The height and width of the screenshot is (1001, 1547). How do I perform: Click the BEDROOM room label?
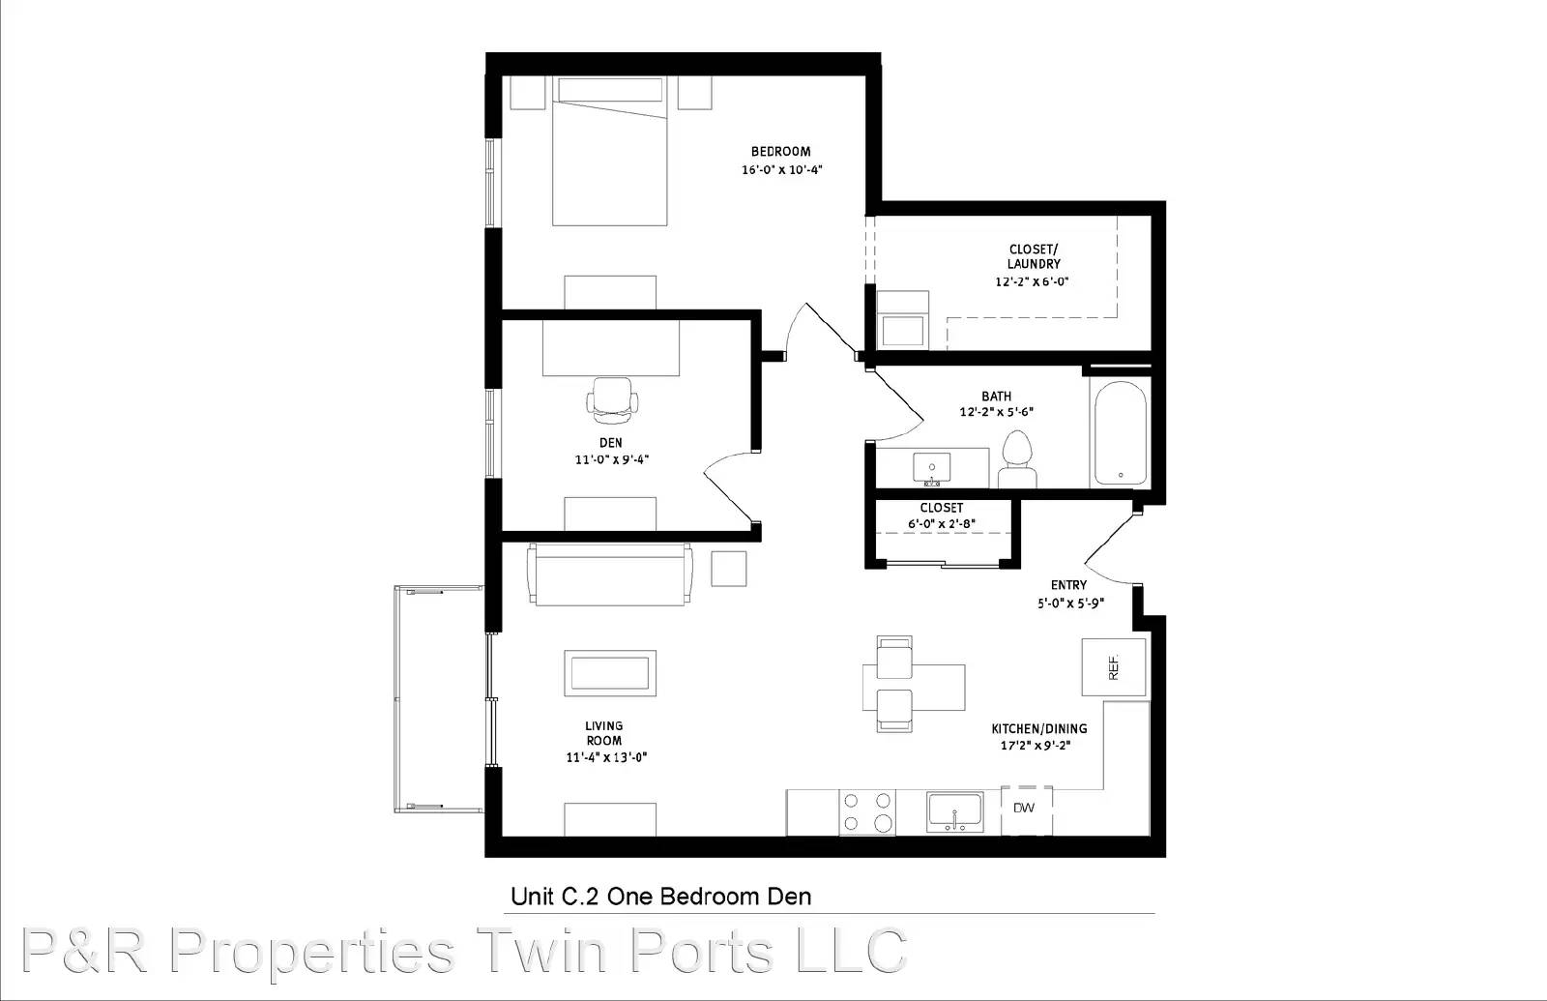click(780, 151)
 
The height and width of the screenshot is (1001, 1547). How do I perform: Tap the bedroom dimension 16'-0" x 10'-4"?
click(782, 169)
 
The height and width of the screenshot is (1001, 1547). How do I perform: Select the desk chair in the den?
click(611, 400)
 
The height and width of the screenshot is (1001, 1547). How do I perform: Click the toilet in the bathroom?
click(1016, 459)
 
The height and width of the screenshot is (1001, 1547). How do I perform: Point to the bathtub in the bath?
click(1120, 433)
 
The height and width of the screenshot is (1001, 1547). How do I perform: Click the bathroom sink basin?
click(932, 468)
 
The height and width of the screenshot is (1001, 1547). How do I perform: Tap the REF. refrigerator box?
click(1113, 667)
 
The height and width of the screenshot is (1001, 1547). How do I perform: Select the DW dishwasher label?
click(1024, 808)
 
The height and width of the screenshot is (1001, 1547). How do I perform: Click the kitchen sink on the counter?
click(954, 811)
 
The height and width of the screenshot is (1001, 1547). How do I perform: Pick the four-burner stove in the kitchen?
click(867, 812)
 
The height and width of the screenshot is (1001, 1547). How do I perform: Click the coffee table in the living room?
click(610, 673)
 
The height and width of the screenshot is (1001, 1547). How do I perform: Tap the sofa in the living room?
click(610, 574)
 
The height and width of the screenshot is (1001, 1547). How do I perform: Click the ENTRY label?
click(1068, 585)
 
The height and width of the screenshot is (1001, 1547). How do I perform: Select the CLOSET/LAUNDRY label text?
click(1034, 256)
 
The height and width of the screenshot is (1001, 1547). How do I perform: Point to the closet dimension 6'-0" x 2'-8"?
click(942, 523)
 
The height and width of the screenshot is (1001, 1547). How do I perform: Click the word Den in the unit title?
click(789, 897)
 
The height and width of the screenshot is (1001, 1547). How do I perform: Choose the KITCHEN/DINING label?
click(1038, 728)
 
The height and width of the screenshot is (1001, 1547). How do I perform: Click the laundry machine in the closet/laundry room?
click(903, 320)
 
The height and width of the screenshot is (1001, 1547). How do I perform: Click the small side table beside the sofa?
click(729, 569)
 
